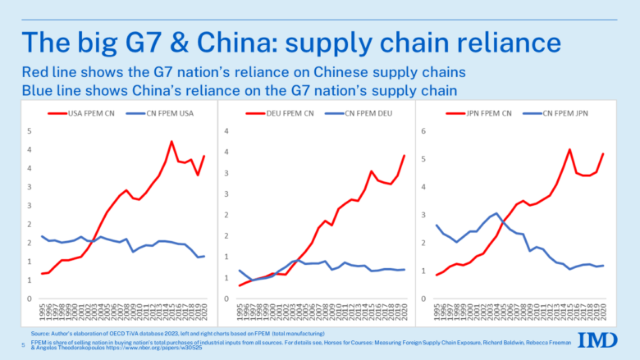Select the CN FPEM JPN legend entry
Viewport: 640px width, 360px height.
click(x=564, y=112)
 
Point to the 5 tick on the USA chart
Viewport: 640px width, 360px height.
click(x=30, y=131)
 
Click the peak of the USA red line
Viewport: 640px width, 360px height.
click(x=171, y=142)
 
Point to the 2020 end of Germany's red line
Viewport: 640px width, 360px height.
click(x=404, y=155)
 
